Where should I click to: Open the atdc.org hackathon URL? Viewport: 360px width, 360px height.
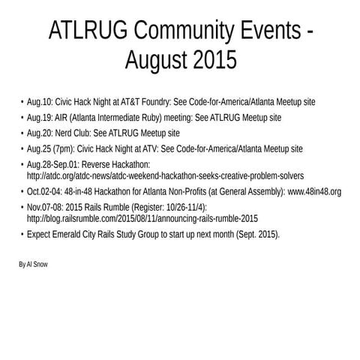click(x=165, y=175)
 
